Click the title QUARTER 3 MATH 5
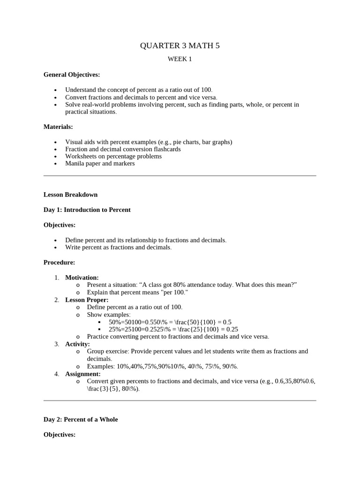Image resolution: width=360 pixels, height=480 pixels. (180, 45)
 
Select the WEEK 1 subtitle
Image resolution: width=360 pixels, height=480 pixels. (180, 59)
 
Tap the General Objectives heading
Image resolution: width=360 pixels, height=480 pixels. (72, 75)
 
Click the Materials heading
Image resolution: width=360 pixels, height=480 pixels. (58, 127)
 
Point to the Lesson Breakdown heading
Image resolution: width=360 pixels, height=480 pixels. (70, 195)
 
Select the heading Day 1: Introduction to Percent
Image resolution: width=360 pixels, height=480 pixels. (87, 210)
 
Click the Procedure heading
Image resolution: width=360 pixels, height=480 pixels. (59, 262)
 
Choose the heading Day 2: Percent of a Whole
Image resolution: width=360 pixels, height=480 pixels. (81, 420)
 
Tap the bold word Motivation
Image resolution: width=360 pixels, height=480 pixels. (82, 277)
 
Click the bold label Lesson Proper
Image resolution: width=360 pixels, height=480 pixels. (87, 300)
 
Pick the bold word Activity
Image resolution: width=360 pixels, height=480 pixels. (77, 344)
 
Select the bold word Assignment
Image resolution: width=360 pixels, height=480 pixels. (83, 374)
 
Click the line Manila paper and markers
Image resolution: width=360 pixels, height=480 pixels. (100, 164)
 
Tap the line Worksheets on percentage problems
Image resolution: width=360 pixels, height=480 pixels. (113, 156)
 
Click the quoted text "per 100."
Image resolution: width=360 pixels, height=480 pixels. (174, 292)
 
